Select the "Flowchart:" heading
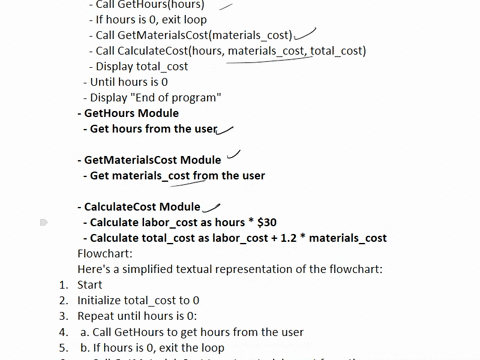[x=105, y=254]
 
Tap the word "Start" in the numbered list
[x=90, y=285]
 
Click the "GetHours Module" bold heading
[x=131, y=114]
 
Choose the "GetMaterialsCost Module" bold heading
[x=153, y=160]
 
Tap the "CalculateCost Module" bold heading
[x=143, y=207]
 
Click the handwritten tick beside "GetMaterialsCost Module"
[x=235, y=155]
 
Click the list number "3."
[x=62, y=316]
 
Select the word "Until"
[x=103, y=82]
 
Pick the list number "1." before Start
[x=62, y=285]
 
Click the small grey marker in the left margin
[x=44, y=223]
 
